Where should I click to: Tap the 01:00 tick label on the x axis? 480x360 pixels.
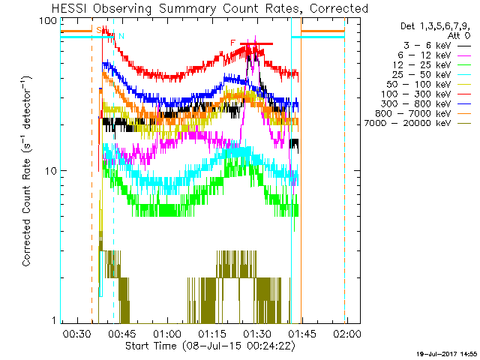click(166, 333)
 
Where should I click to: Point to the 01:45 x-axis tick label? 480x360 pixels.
click(301, 333)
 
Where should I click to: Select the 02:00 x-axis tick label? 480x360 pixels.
click(346, 333)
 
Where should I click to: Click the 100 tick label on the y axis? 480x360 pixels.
click(49, 21)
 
